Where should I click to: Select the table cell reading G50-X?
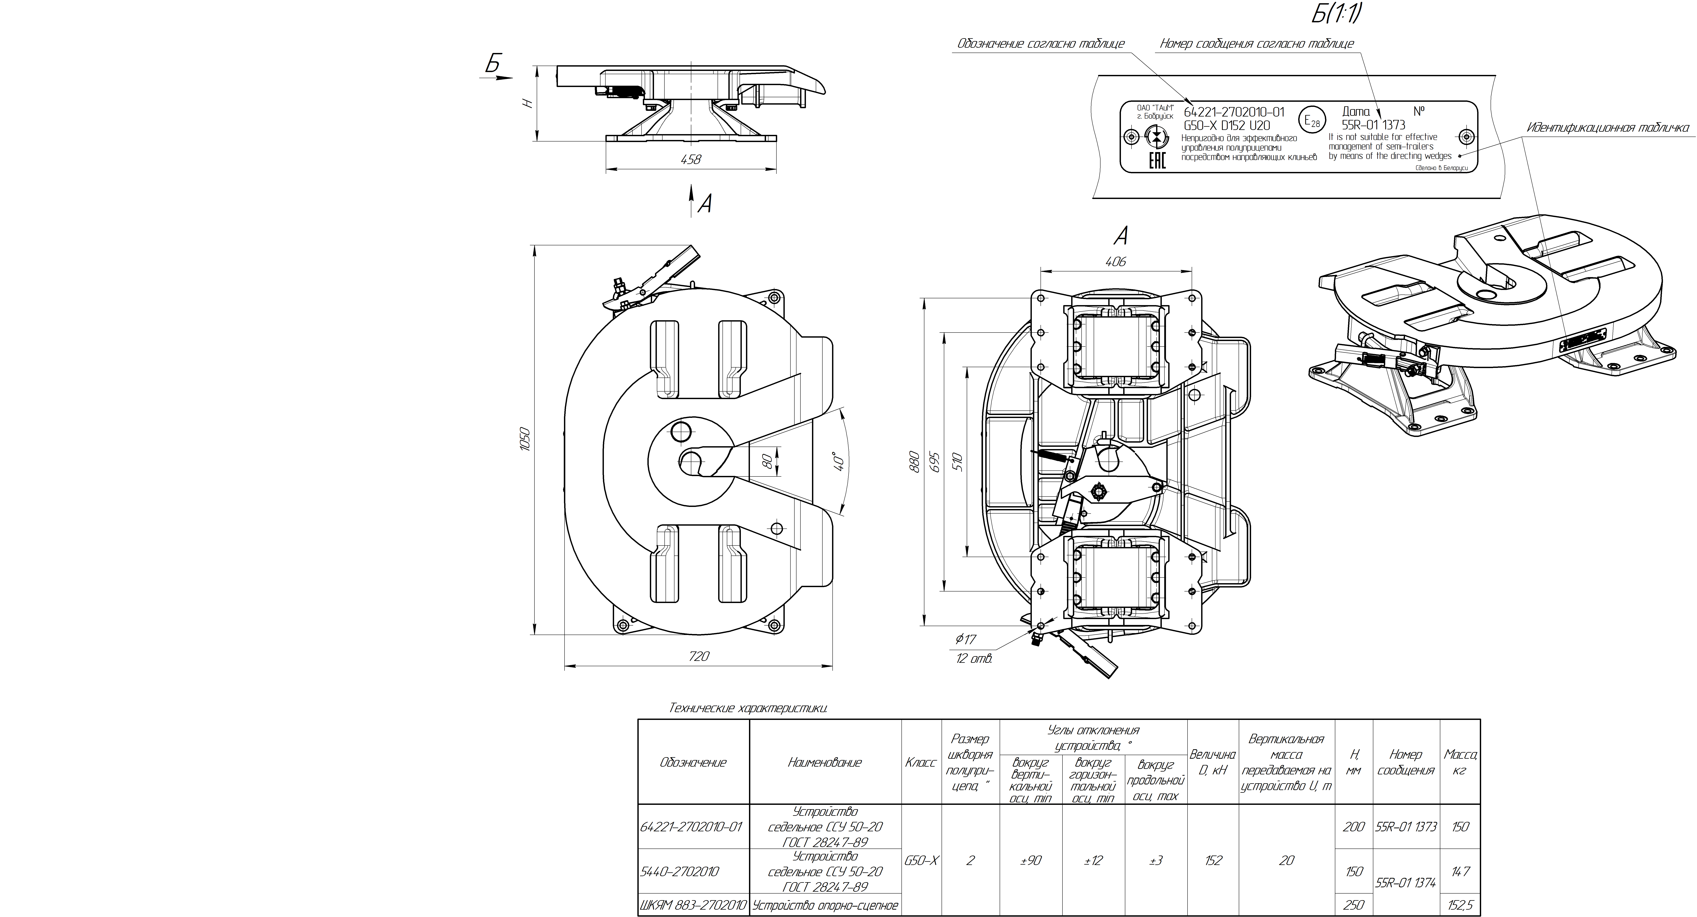coord(921,860)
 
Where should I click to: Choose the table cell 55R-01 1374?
coord(1406,883)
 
